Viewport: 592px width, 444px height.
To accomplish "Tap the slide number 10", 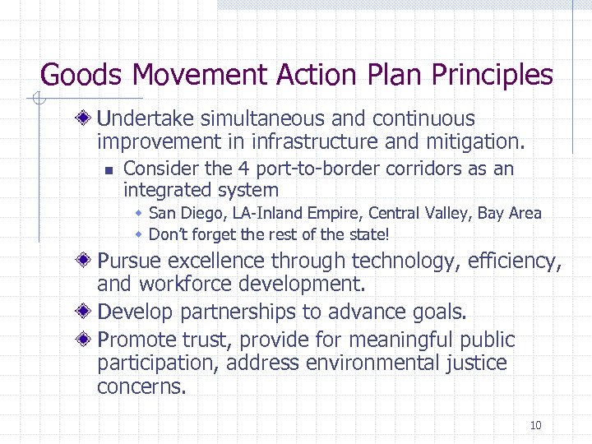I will tap(535, 425).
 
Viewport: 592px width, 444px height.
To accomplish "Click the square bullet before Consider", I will tap(107, 170).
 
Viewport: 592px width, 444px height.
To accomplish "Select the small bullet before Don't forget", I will tap(140, 234).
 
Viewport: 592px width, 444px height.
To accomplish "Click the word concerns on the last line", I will tap(140, 386).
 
